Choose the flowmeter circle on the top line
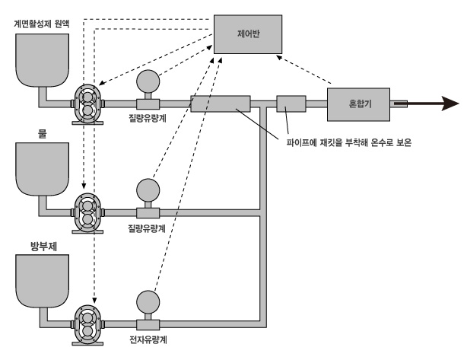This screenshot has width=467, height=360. [x=147, y=80]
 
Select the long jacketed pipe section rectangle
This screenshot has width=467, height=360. [x=220, y=103]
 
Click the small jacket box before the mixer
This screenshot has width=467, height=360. [x=291, y=103]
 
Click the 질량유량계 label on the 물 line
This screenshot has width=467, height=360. [x=148, y=228]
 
